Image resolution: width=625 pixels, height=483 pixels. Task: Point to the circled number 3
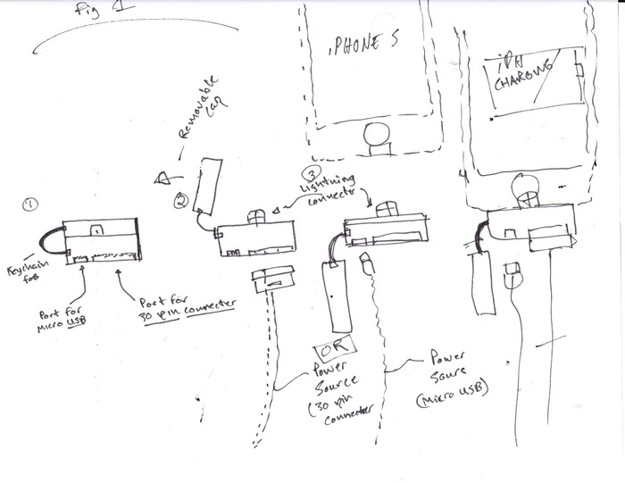click(310, 173)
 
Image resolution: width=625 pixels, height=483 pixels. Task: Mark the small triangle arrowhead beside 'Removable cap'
click(162, 177)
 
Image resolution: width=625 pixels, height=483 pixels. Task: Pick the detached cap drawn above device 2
click(210, 187)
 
